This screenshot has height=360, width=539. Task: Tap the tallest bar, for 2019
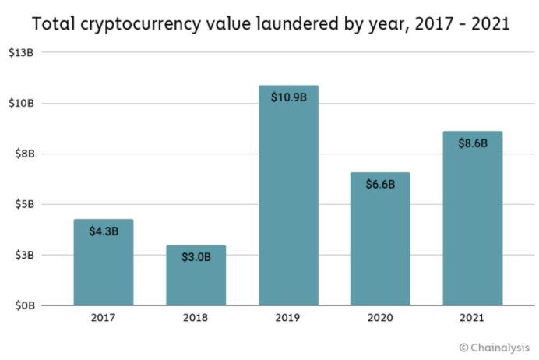[288, 203]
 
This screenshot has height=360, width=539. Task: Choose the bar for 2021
[472, 226]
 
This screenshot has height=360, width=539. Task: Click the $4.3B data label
[104, 231]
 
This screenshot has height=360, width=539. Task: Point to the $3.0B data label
[196, 256]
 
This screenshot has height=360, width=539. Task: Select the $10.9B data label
[288, 97]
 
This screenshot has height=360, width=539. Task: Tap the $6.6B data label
[380, 185]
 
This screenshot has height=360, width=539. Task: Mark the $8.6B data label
[472, 143]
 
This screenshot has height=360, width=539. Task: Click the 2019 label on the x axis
[288, 318]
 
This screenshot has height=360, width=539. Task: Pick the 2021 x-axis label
[472, 318]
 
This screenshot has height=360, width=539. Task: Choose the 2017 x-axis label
[104, 318]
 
